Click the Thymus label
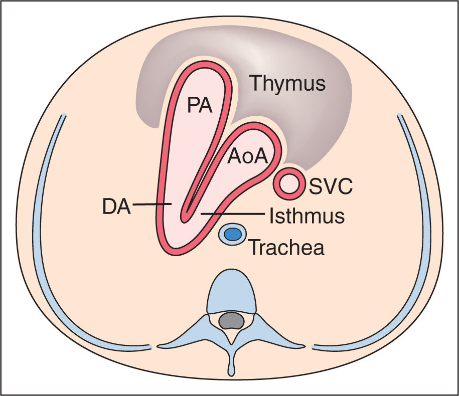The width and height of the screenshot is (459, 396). [x=288, y=83]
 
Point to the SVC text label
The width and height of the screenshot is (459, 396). [x=331, y=188]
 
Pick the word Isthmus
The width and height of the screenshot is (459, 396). [x=307, y=216]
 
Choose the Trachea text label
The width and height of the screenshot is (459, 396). [x=286, y=247]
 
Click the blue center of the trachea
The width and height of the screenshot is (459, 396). [x=232, y=234]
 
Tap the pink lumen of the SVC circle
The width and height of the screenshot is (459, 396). [x=289, y=185]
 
